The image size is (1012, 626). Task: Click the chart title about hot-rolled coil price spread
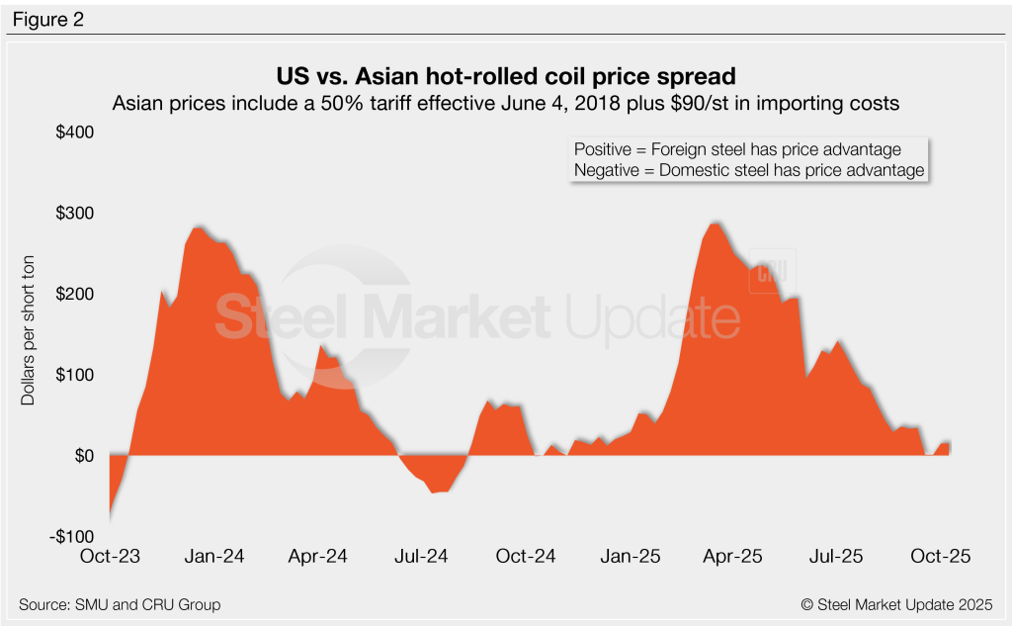pyautogui.click(x=505, y=77)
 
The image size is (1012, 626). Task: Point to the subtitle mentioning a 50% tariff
pyautogui.click(x=505, y=104)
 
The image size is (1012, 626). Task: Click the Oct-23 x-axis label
pyautogui.click(x=111, y=557)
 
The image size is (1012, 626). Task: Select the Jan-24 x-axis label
pyautogui.click(x=214, y=557)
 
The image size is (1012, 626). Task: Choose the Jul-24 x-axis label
pyautogui.click(x=421, y=557)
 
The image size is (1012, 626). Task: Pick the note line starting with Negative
pyautogui.click(x=748, y=170)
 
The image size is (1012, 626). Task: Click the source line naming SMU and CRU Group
pyautogui.click(x=120, y=604)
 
